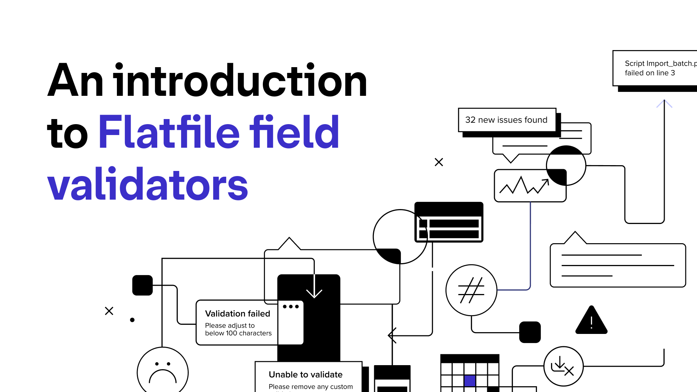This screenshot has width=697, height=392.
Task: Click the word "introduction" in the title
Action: [240, 81]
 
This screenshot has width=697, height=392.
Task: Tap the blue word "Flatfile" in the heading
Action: [169, 132]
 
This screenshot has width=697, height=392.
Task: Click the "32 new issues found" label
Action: [506, 120]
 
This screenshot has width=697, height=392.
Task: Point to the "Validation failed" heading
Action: [237, 314]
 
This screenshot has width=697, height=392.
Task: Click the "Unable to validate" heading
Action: [305, 375]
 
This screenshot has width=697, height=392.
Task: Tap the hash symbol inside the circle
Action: [471, 290]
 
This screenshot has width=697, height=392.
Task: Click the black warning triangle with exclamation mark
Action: [591, 321]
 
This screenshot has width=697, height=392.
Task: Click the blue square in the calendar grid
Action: [470, 381]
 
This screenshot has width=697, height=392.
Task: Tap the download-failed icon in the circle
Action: [563, 366]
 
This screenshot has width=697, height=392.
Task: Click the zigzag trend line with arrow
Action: [524, 185]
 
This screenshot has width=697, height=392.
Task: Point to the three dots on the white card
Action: [290, 307]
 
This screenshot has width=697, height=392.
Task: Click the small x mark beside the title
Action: [439, 162]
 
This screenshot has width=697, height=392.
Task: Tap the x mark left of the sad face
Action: [109, 311]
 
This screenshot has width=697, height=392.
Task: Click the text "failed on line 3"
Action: [649, 73]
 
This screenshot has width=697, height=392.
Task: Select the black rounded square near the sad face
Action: [142, 285]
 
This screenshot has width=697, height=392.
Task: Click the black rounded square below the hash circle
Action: [530, 332]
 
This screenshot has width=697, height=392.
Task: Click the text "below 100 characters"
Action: [238, 333]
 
